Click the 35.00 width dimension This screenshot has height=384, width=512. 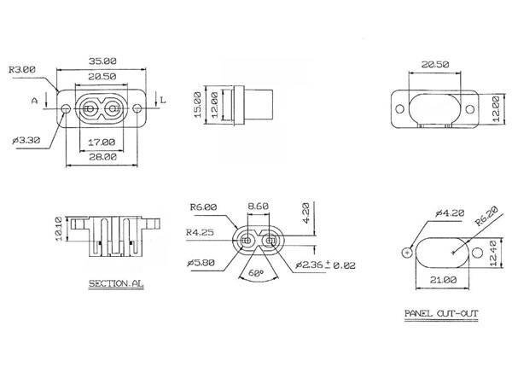(102, 61)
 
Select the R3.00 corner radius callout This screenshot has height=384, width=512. (22, 70)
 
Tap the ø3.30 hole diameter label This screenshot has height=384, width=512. (26, 141)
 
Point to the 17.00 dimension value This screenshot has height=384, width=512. (102, 143)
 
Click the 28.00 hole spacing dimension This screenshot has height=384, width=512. (103, 157)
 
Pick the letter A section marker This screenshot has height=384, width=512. (35, 101)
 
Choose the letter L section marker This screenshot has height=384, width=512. (163, 100)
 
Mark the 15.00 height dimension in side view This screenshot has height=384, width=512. (198, 105)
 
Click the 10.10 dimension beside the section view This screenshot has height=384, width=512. (59, 229)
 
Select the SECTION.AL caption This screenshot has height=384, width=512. (116, 283)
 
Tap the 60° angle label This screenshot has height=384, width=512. (256, 273)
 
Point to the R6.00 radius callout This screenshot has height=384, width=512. (203, 207)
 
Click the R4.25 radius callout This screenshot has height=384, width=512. (200, 232)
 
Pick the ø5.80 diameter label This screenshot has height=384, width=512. (201, 263)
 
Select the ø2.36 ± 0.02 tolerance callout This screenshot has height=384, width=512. (325, 265)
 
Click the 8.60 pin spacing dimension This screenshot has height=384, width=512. (258, 207)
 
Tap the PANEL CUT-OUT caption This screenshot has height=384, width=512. (441, 314)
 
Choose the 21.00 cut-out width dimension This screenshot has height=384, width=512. (443, 280)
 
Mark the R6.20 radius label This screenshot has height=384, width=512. (486, 216)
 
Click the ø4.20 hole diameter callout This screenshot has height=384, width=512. (450, 213)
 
